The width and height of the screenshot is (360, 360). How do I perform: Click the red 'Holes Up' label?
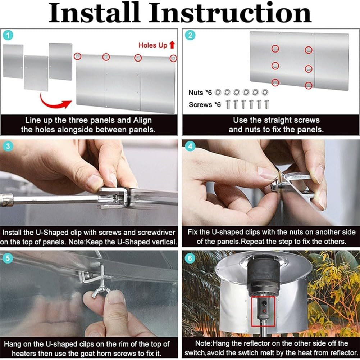[x=152, y=45]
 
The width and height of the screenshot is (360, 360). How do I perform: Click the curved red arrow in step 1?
[x=54, y=102]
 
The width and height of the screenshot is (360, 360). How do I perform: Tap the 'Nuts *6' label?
[x=200, y=93]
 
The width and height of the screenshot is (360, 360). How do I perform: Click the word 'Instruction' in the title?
[x=230, y=13]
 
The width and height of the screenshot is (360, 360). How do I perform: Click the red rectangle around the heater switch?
[x=263, y=311]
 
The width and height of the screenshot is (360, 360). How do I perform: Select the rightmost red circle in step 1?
[x=173, y=58]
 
